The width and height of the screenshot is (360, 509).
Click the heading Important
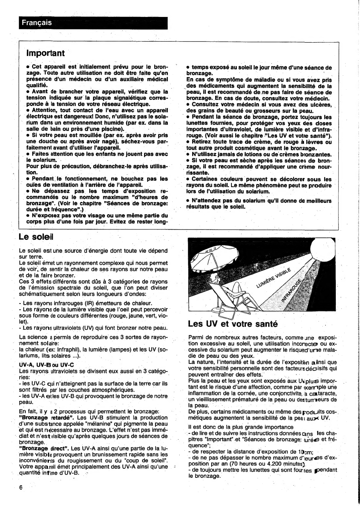click(45, 53)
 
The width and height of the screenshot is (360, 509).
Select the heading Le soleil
click(36, 236)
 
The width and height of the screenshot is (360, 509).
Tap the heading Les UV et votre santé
click(233, 324)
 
